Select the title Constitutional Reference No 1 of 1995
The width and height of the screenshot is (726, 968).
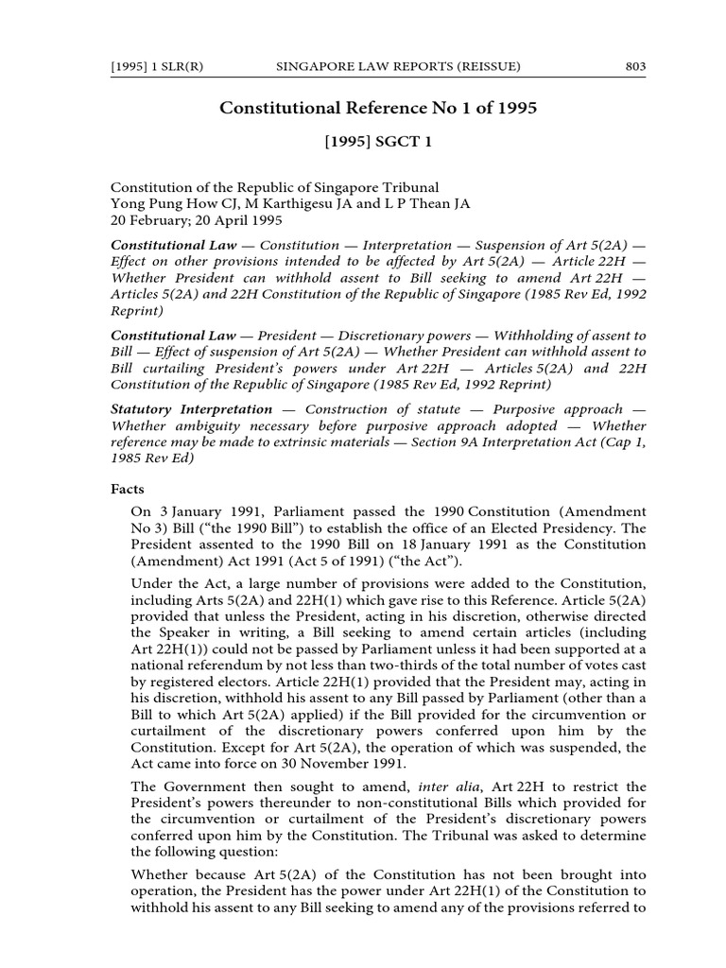(378, 108)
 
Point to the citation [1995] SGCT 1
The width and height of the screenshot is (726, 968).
(378, 143)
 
